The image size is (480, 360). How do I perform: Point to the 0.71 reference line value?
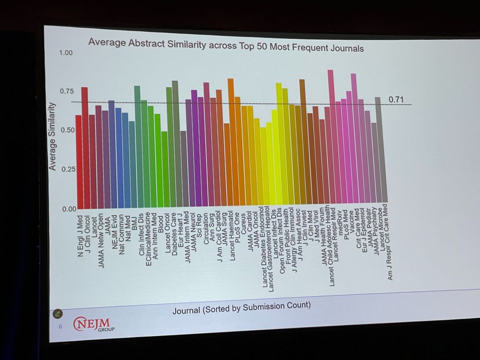pos(396,99)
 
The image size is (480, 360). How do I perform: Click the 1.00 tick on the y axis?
pos(66,52)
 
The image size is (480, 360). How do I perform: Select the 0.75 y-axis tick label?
pos(67,91)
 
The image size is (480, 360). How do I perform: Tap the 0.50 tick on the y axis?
pos(68,130)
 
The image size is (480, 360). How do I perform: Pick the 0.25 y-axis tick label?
pos(68,169)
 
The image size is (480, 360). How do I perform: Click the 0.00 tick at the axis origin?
pos(69,209)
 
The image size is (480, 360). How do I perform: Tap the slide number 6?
pos(60,326)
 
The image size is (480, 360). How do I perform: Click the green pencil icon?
pos(58,313)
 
